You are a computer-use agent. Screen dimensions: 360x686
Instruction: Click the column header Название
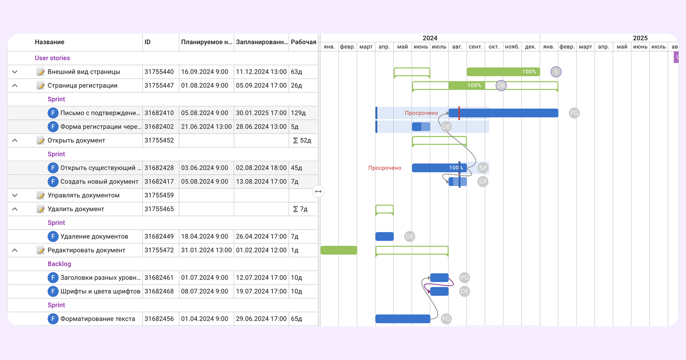coord(49,42)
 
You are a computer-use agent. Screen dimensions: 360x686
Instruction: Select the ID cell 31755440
coord(159,72)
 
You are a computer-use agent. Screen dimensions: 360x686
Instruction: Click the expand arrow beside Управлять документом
coord(15,195)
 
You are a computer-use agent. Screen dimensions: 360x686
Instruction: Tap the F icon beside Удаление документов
coord(53,236)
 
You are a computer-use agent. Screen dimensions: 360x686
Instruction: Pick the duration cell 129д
coord(298,113)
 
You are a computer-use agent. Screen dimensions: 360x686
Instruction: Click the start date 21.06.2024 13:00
coord(206,127)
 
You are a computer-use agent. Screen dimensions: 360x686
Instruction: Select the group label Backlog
coord(59,264)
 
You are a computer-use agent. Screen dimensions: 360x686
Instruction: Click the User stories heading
coord(52,58)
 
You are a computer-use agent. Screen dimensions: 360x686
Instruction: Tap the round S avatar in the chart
coord(556,72)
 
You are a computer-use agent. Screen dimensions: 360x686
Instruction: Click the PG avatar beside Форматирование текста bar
coord(446,319)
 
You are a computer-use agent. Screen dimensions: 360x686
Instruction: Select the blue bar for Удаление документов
coord(385,236)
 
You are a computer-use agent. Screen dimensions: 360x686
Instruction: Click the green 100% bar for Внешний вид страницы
coord(503,72)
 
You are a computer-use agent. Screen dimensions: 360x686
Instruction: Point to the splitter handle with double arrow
coord(318,191)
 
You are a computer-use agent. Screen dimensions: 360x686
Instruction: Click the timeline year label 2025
coord(640,38)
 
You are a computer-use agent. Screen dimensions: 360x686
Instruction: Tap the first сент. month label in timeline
coord(475,47)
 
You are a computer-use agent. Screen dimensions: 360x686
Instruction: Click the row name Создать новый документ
coord(99,182)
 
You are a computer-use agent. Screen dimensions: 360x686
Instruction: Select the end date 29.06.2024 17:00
coord(261,319)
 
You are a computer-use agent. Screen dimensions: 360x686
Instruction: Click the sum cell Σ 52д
coord(302,140)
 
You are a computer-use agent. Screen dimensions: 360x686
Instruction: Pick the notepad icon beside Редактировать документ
coord(40,250)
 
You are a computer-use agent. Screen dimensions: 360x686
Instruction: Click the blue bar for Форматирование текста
coord(403,319)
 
